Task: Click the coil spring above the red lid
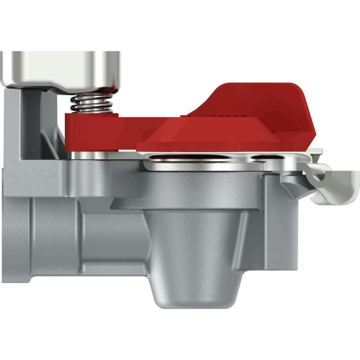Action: [92, 103]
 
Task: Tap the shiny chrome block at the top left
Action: [61, 67]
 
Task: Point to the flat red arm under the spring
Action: [112, 130]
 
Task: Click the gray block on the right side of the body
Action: [279, 225]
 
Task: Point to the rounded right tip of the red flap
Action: [310, 135]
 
